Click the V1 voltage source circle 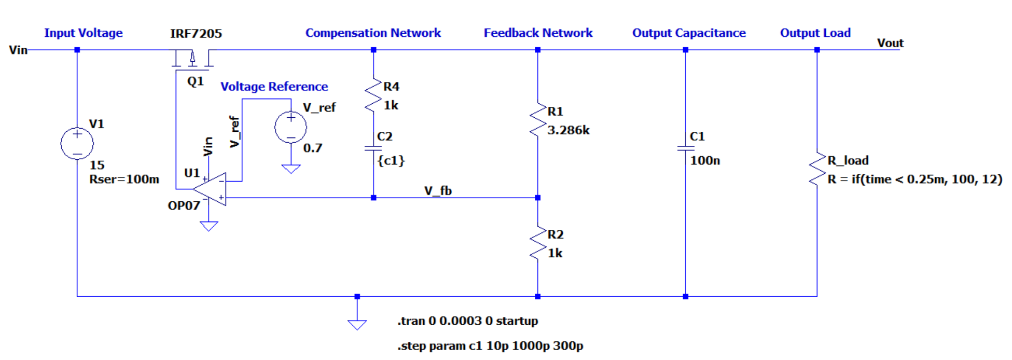coord(77,143)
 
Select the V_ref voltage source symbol coord(290,127)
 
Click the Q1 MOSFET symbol coord(192,59)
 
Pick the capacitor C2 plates coord(373,148)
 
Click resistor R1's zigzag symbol coord(538,120)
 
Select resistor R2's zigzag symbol coord(538,243)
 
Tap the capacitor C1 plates coord(685,148)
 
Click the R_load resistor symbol coord(817,169)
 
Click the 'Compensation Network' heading coord(373,33)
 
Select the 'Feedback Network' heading coord(538,33)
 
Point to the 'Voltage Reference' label coord(274,87)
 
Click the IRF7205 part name coord(196,34)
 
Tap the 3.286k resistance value coord(569,130)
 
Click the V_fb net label coord(438,191)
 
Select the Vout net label coord(890,43)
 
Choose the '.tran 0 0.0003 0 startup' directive coord(467,321)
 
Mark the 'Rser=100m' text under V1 coord(124,179)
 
